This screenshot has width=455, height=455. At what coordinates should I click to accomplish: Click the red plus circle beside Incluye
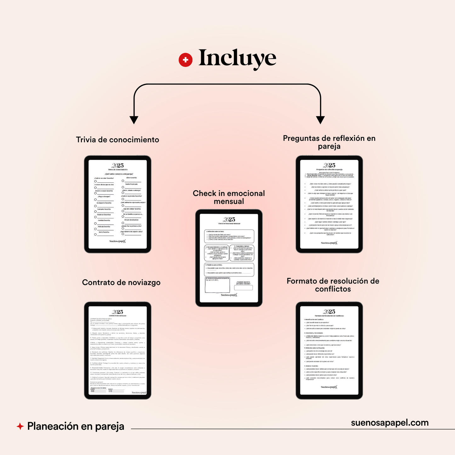(x=185, y=60)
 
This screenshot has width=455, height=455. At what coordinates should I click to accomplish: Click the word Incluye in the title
(x=237, y=59)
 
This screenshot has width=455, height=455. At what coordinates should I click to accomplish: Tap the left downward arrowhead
(x=134, y=120)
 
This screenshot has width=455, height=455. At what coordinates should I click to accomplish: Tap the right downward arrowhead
(x=320, y=120)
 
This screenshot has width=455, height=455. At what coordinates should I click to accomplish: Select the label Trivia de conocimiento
(x=117, y=140)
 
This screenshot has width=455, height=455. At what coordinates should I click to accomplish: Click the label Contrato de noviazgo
(x=121, y=282)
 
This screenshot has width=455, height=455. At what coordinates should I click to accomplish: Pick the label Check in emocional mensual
(x=229, y=197)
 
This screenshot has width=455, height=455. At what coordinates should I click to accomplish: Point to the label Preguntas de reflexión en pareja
(x=329, y=142)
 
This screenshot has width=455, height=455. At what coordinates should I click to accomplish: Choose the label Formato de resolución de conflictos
(x=333, y=285)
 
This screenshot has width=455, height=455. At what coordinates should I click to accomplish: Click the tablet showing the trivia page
(x=117, y=204)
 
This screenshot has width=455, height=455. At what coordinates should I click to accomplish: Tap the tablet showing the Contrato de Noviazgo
(x=117, y=350)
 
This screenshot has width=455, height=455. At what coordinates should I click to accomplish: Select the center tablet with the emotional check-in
(x=229, y=258)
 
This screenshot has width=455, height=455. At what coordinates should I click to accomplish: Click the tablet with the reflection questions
(x=329, y=204)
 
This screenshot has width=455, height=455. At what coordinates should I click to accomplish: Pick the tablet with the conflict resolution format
(x=329, y=350)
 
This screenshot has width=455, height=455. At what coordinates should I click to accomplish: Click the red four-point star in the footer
(x=20, y=426)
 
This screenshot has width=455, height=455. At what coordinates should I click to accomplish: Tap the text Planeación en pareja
(x=76, y=426)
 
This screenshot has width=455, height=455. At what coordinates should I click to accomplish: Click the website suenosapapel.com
(x=390, y=423)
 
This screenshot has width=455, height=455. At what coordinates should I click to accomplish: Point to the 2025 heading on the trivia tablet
(x=117, y=166)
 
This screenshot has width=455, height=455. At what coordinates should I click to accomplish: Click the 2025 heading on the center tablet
(x=229, y=219)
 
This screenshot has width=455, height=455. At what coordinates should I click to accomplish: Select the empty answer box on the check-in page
(x=243, y=287)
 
